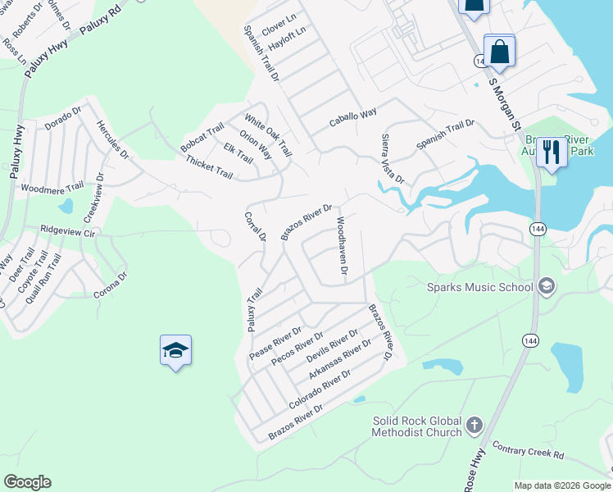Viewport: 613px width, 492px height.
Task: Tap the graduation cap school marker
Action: click(175, 351)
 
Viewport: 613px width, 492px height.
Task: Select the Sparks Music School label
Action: click(479, 287)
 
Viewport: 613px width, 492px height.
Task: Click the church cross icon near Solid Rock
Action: click(474, 425)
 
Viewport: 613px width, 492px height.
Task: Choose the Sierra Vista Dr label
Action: click(393, 158)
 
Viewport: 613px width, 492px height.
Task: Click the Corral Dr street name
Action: click(255, 226)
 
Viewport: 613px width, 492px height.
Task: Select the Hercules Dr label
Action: click(113, 138)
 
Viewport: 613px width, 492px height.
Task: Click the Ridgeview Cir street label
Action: click(68, 231)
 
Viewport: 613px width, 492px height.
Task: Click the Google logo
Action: click(27, 482)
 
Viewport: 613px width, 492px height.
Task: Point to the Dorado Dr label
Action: click(64, 118)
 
